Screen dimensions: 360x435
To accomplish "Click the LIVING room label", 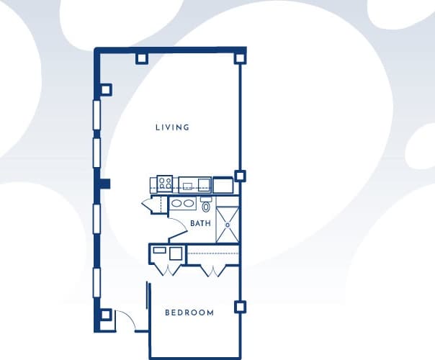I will click(172, 127).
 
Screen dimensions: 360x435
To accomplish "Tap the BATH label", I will click(200, 223).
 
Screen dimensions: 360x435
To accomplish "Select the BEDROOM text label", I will click(189, 312).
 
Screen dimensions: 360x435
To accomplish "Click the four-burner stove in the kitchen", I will click(165, 184).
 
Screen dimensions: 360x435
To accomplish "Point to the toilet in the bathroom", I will click(206, 205).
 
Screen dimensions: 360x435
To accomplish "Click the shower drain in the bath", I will click(227, 224).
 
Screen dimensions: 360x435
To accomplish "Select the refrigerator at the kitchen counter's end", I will click(222, 185).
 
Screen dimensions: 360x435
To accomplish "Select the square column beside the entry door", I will click(105, 315).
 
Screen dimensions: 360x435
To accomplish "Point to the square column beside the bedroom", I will click(240, 307).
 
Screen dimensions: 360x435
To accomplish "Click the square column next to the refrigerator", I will click(240, 175).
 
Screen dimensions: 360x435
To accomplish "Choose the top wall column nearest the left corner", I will click(141, 58).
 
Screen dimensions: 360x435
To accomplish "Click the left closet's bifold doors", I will click(167, 270).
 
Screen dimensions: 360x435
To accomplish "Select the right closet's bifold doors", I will click(212, 270).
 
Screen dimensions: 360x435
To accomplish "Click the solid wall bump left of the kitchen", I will click(105, 183).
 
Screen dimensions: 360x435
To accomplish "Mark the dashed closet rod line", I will click(212, 253).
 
